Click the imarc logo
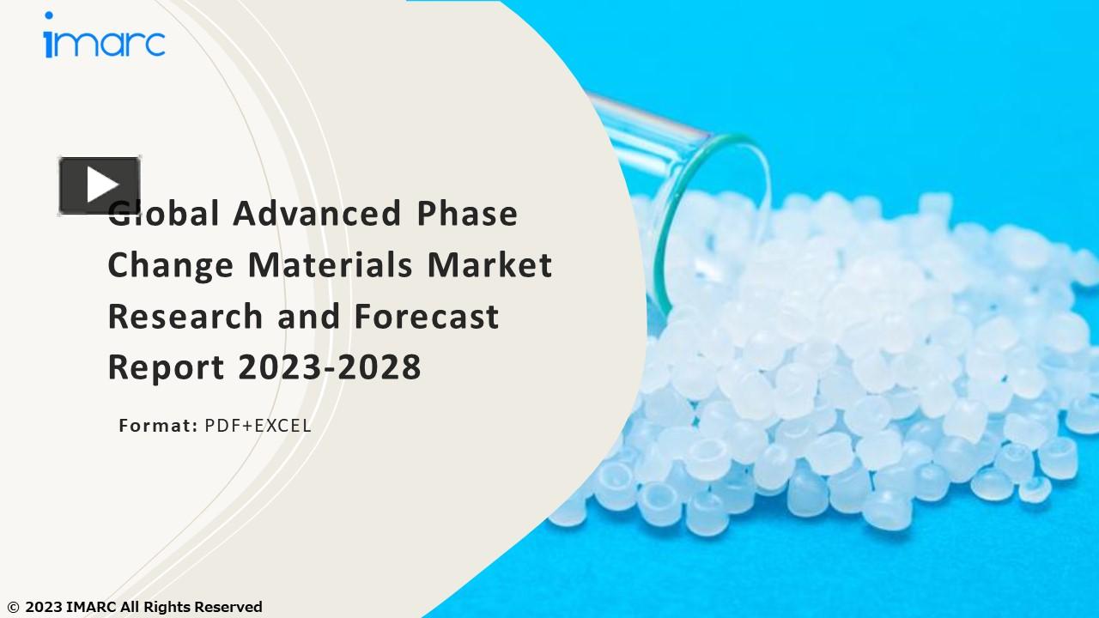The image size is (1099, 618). point(104,39)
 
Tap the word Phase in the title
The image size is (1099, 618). point(467,214)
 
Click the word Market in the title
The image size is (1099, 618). point(489,265)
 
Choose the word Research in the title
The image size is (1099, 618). point(185,317)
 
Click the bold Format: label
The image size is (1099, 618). point(158,426)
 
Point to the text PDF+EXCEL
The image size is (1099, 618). point(258,426)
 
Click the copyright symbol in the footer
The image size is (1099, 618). point(13,608)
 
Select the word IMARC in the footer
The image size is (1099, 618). point(91,608)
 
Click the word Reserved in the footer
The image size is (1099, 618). point(228,608)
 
